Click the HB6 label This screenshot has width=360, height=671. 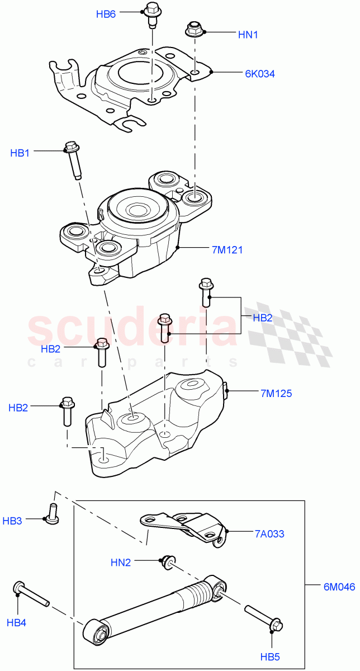coord(106,15)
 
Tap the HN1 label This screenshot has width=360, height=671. coord(249,35)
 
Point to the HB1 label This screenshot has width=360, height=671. coord(20,153)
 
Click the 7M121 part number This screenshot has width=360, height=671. coord(227,250)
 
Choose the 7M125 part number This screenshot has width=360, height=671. coord(276,393)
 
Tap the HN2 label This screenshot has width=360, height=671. coord(121,563)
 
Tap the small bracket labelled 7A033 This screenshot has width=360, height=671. coord(184,527)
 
